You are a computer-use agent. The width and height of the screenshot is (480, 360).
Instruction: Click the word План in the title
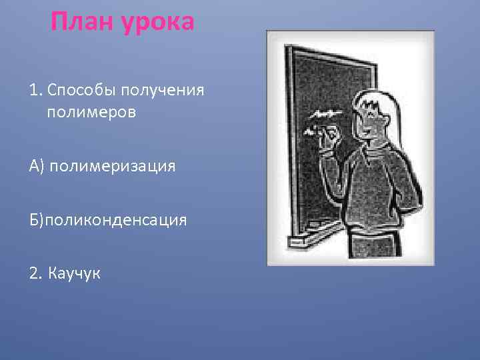(80, 23)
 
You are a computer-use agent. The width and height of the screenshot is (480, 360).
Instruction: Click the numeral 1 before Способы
(33, 89)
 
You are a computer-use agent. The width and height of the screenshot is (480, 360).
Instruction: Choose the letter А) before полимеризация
(36, 165)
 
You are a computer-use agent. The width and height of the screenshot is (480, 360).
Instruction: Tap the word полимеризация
(117, 165)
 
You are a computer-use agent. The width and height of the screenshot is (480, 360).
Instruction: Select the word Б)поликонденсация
(107, 219)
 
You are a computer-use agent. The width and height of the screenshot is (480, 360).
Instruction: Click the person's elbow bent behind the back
(416, 200)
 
